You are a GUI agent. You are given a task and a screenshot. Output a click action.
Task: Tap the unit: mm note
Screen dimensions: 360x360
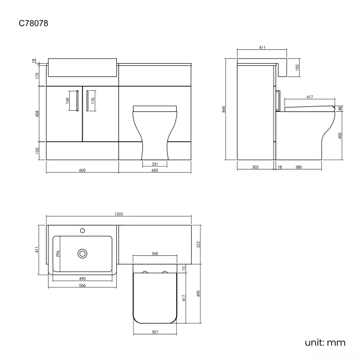click(x=325, y=342)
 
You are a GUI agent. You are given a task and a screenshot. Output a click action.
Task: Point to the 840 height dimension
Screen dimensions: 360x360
click(x=224, y=109)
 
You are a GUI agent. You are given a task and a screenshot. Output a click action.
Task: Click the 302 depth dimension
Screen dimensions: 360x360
click(x=255, y=167)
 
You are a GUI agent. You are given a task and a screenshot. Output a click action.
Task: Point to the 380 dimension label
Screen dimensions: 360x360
click(x=299, y=167)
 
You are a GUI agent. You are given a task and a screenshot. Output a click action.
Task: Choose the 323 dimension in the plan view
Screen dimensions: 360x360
click(x=199, y=244)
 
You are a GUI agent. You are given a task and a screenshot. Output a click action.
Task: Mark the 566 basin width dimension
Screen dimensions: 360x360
click(x=81, y=286)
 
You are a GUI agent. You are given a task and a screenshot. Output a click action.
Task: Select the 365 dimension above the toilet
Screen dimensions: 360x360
click(x=155, y=254)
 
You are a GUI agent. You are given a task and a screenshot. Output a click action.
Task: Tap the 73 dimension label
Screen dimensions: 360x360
click(x=184, y=269)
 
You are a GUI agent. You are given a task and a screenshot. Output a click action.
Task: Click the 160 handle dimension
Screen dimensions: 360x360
click(x=68, y=101)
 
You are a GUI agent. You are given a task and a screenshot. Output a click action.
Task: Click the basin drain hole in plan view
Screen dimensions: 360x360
click(x=83, y=253)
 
